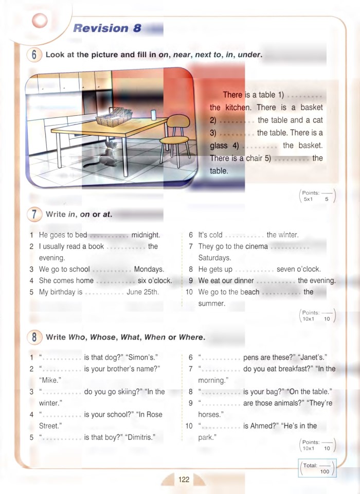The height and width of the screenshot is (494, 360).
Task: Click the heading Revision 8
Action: pos(107,28)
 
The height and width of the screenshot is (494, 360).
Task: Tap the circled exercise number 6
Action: pos(33,55)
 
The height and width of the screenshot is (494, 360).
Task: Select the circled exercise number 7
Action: pos(33,214)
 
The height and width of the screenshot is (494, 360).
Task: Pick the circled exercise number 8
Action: pos(33,338)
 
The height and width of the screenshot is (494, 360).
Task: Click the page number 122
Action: pos(184,480)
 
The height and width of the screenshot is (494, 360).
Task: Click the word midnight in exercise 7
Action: pos(146,235)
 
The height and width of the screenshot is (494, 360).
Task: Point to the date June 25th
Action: pos(142,292)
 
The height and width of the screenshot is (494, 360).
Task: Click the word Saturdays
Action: pos(214,258)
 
